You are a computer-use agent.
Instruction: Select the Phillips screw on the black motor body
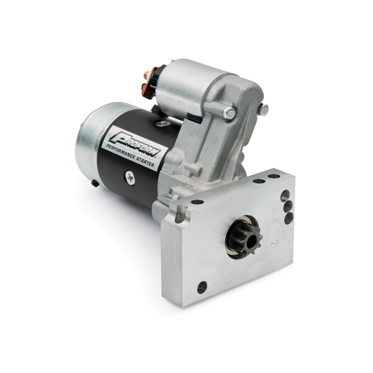tap(131, 179)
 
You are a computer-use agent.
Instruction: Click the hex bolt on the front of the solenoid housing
tap(228, 112)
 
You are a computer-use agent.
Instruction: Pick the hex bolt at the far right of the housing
tap(263, 110)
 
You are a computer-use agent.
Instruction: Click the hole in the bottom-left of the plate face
tap(202, 287)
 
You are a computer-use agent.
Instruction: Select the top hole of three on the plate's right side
tap(285, 195)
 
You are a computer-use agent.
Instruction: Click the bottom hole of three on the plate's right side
tap(288, 218)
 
